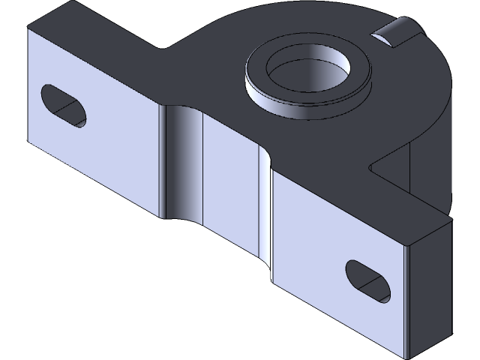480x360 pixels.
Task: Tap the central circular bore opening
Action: point(310,73)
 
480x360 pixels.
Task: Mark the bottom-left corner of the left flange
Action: point(28,140)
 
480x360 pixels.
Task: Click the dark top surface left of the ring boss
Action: point(202,75)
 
